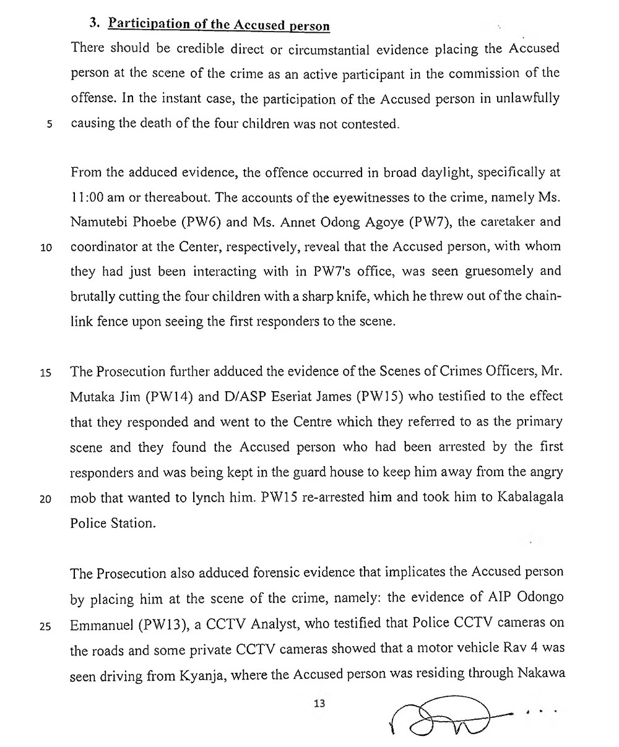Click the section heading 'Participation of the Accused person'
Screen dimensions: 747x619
pyautogui.click(x=219, y=25)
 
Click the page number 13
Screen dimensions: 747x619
pyautogui.click(x=319, y=704)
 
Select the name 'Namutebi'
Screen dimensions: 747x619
pyautogui.click(x=98, y=222)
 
